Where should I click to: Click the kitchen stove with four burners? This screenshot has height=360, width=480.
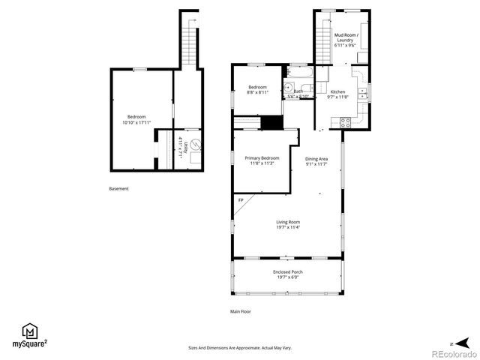click(x=346, y=121)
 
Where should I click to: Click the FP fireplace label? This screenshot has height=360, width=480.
click(x=241, y=200)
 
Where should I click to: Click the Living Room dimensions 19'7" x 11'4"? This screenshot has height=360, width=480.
click(x=288, y=227)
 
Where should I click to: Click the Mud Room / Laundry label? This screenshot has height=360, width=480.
click(x=346, y=37)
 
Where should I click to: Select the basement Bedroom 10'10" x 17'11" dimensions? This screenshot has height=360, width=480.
click(x=136, y=122)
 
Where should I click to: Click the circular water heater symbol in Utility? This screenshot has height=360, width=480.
click(x=193, y=144)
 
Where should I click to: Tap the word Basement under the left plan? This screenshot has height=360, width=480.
click(x=118, y=188)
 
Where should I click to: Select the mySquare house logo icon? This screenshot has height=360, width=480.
click(x=30, y=331)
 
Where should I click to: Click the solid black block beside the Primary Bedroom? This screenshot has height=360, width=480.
click(x=271, y=123)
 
